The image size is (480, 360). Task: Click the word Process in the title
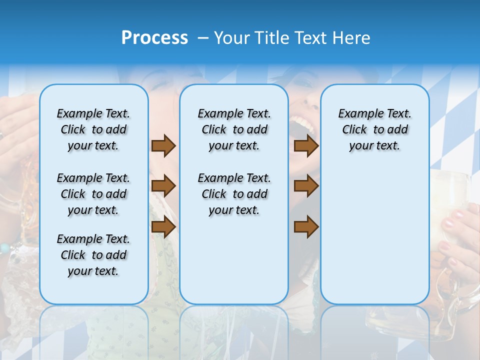coord(154,38)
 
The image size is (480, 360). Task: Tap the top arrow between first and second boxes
coord(163,146)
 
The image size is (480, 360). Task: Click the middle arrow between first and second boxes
coord(163,186)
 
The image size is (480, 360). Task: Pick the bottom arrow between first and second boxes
coord(163,227)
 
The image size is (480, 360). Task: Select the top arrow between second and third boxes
coord(306,146)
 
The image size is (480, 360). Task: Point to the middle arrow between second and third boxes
coord(306,186)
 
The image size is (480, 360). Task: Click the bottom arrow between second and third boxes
coord(306,227)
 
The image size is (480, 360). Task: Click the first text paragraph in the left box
coord(93,129)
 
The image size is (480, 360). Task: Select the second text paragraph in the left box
coord(93,194)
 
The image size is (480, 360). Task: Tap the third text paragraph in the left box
coord(93,255)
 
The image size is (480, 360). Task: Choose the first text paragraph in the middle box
coord(234,129)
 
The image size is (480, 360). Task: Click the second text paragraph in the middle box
coord(234,194)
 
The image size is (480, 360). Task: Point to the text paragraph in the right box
coord(374,129)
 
